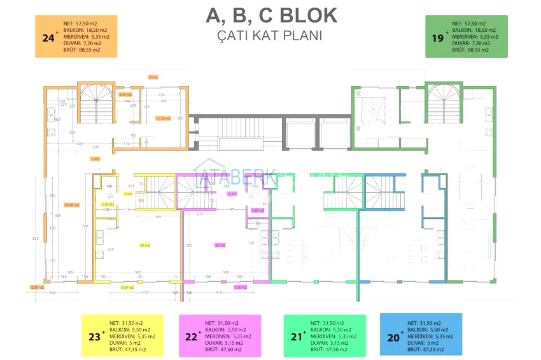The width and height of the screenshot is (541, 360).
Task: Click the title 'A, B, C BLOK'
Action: point(272,15)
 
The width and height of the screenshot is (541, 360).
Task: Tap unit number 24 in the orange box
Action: point(48,38)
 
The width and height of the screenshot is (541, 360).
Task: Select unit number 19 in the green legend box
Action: point(437,38)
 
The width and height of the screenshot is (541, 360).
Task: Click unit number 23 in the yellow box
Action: point(95,336)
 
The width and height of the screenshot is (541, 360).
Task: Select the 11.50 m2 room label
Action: point(163,118)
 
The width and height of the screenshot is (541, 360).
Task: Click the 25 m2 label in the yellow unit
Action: point(144,245)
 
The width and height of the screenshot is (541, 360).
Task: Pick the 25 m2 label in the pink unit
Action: point(220,245)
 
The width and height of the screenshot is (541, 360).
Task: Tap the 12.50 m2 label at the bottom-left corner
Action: point(36,287)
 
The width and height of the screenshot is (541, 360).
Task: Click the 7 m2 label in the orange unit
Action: point(95,158)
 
